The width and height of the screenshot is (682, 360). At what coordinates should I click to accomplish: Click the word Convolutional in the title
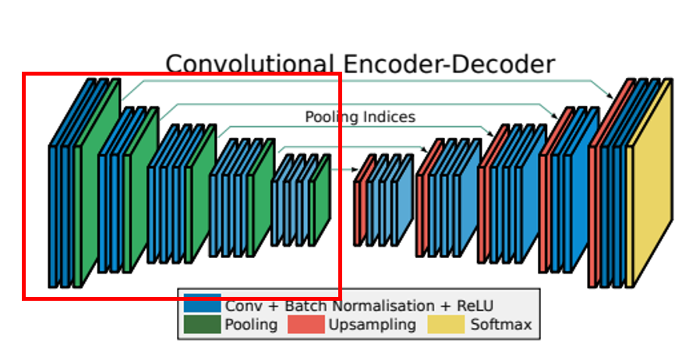point(249,63)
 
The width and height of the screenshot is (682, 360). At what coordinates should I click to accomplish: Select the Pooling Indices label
point(359,117)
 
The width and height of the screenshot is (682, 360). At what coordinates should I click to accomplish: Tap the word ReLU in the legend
point(475,305)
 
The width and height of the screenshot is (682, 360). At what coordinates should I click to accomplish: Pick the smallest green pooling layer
point(320,201)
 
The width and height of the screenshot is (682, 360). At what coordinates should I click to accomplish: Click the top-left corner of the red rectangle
point(24,75)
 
